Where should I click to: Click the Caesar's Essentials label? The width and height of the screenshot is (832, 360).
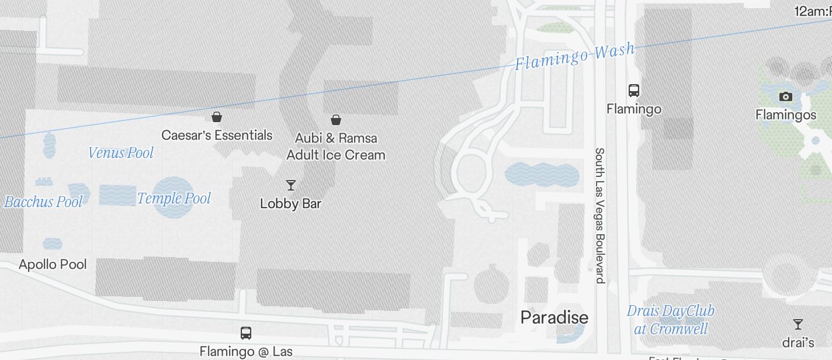(x=217, y=135)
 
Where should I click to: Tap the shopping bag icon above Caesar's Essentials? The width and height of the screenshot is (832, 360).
(x=217, y=117)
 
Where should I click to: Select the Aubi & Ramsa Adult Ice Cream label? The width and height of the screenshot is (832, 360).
(x=336, y=147)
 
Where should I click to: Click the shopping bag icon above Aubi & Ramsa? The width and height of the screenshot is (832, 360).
(x=336, y=120)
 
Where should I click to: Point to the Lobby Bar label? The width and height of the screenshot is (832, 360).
(x=290, y=204)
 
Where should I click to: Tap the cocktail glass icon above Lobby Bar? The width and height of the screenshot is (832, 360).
(x=290, y=185)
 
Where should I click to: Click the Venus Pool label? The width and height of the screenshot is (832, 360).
(x=121, y=153)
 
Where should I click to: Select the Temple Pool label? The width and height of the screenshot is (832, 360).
(x=174, y=199)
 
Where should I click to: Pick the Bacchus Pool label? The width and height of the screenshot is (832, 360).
(x=43, y=202)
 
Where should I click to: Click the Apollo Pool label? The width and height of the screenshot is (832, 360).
(x=53, y=264)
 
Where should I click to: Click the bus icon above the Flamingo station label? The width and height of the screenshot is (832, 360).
(x=634, y=90)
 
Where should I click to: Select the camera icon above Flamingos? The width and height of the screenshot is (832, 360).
(x=786, y=96)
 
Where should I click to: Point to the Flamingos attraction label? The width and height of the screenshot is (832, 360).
(x=786, y=115)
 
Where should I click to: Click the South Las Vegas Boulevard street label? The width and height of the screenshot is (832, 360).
(x=599, y=215)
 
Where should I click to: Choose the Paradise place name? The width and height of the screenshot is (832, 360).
(x=554, y=317)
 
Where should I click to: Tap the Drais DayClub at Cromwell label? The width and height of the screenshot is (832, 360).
(x=671, y=320)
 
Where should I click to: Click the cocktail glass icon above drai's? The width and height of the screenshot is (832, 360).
(x=798, y=324)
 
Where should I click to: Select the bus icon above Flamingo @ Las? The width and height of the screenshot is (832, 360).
(x=246, y=333)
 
